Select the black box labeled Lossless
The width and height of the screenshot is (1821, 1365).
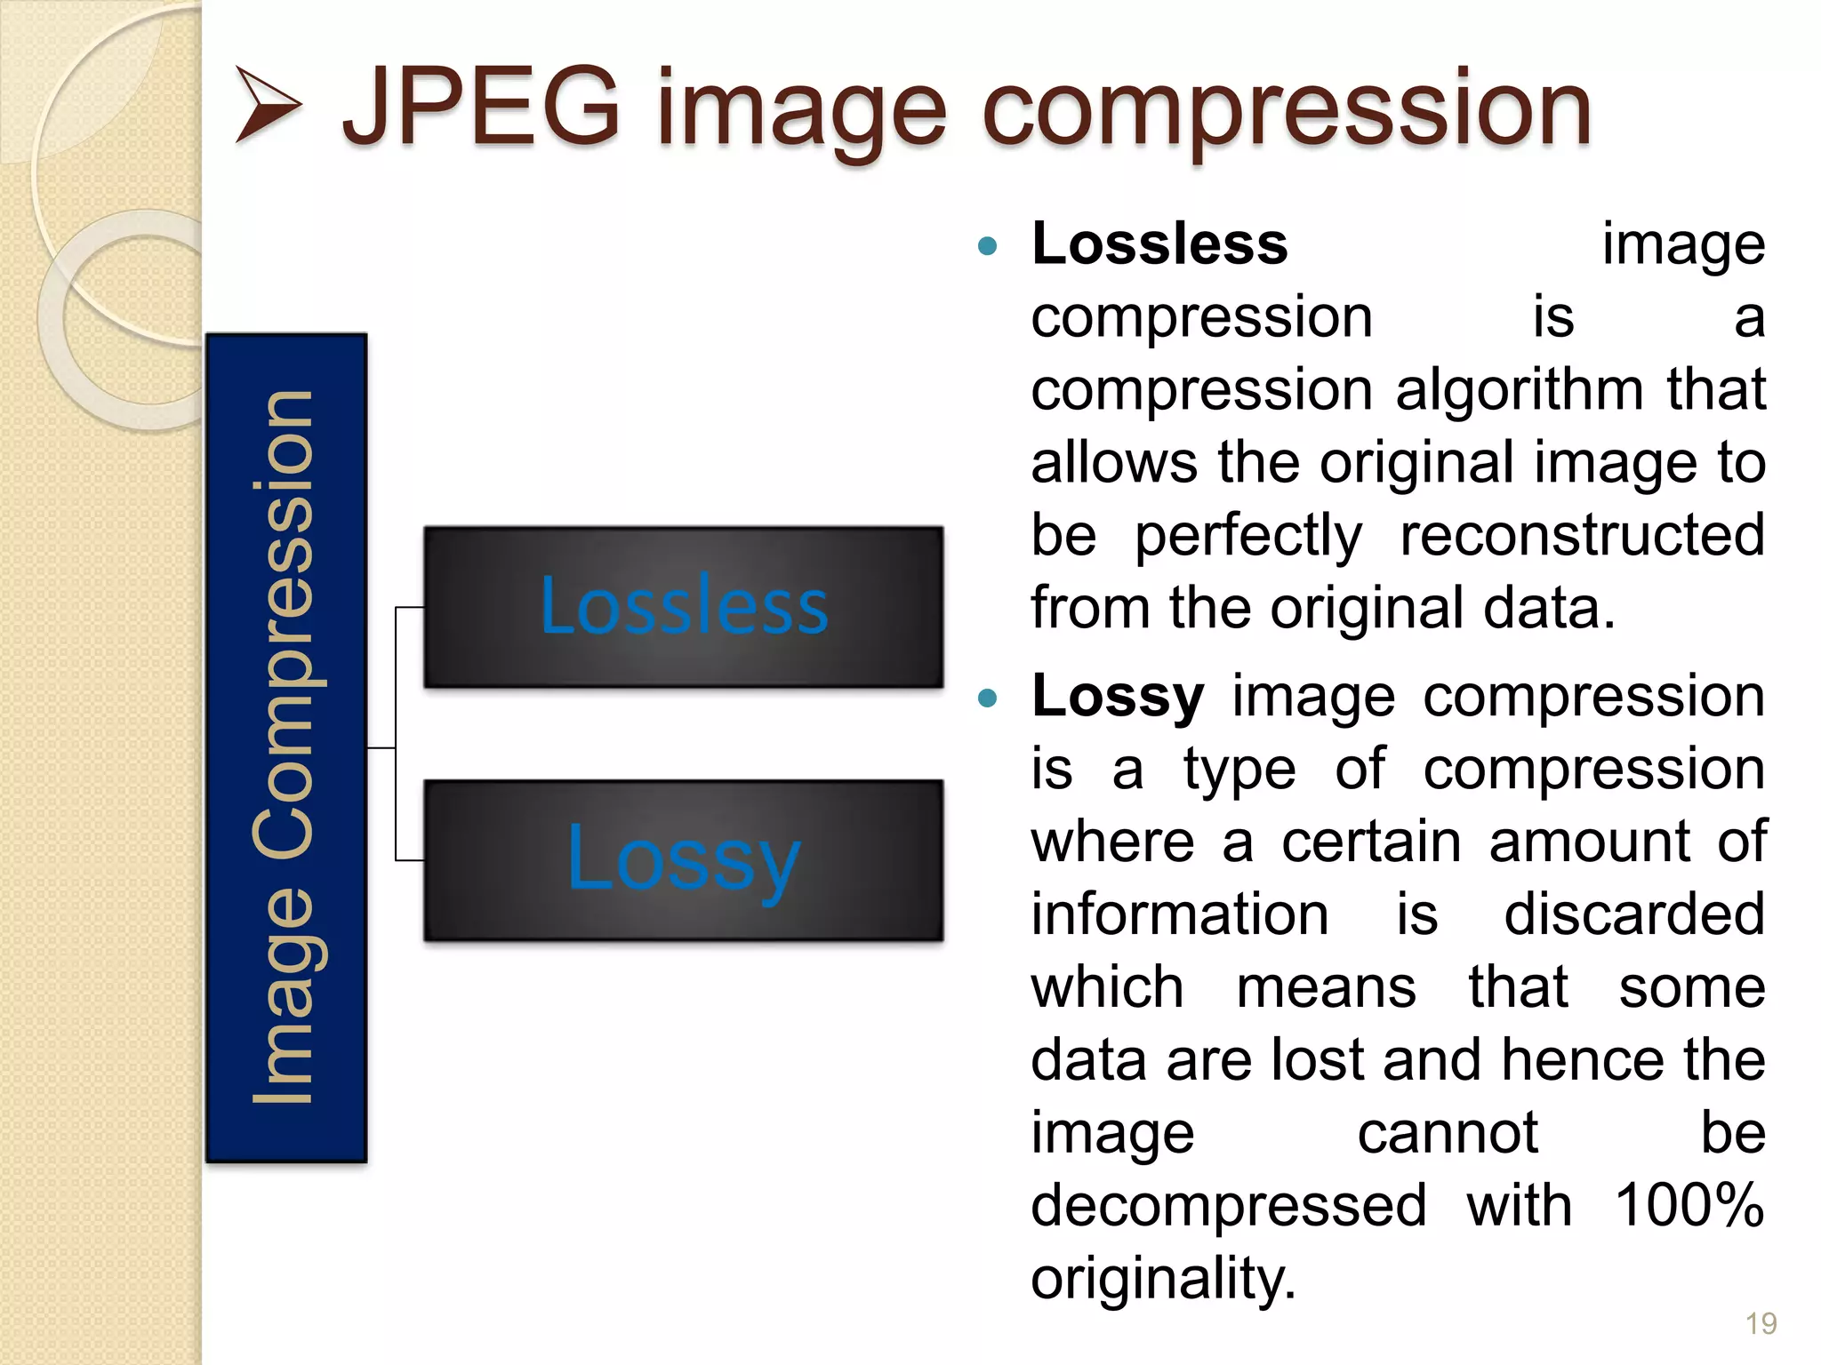tap(683, 607)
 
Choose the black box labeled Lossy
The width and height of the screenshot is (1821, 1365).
tap(683, 860)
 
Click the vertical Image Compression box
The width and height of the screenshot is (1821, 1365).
tap(286, 748)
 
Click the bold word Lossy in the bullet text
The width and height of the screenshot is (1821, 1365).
tap(1118, 696)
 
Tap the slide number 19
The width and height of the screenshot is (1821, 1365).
tap(1761, 1324)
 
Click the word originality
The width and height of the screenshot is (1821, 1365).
tap(1163, 1279)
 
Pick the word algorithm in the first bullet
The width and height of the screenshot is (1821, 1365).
tap(1520, 390)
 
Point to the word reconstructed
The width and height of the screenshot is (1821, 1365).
tap(1583, 535)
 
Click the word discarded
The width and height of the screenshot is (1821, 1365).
tap(1634, 914)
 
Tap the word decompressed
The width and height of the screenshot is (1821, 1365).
tap(1229, 1206)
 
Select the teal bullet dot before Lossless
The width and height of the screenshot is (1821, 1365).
tap(987, 246)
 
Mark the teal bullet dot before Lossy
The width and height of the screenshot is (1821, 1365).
tap(987, 698)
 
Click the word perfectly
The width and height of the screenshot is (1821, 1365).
tap(1248, 537)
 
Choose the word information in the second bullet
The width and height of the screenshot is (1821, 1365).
tap(1180, 914)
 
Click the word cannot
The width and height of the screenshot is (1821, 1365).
tap(1448, 1133)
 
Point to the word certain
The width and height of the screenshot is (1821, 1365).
tap(1371, 842)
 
